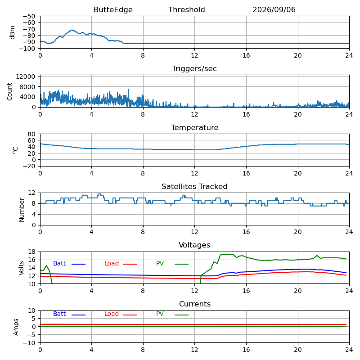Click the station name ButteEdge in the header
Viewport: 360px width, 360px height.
(x=113, y=9)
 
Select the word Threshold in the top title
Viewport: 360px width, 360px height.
(x=186, y=9)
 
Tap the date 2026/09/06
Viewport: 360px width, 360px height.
(x=274, y=9)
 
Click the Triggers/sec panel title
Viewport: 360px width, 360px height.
(x=194, y=68)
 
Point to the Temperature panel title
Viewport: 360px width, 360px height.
(x=194, y=127)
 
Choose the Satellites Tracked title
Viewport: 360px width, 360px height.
(x=194, y=186)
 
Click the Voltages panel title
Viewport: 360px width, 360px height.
(x=194, y=245)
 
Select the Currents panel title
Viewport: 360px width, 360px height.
(x=195, y=304)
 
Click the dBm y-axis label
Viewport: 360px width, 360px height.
(x=12, y=32)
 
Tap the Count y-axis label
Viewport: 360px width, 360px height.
(x=9, y=92)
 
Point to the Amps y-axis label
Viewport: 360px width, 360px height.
(x=16, y=327)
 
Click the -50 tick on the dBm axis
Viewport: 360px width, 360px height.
(x=29, y=16)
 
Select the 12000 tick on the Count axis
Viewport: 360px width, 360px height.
(x=26, y=76)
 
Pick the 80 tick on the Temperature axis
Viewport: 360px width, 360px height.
(x=31, y=134)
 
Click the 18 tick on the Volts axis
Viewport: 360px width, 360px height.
(x=31, y=252)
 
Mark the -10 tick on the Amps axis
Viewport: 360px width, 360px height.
(x=29, y=343)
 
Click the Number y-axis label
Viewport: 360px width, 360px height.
(x=22, y=210)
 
